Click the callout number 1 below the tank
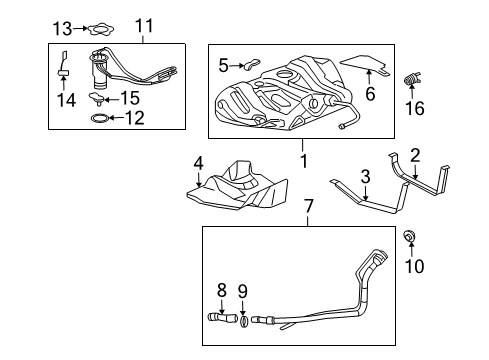tap(303, 157)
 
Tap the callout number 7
tap(309, 206)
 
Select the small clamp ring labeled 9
tap(245, 322)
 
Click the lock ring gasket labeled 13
tap(96, 28)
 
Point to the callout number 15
tap(130, 98)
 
